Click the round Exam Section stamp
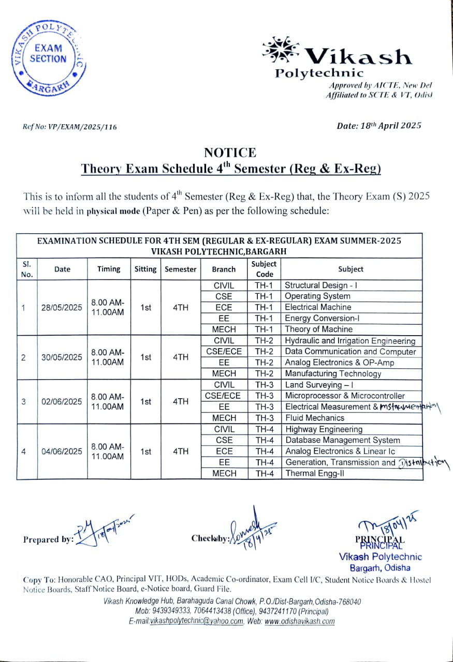[x=47, y=58]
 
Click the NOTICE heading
[x=230, y=153]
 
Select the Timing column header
[x=109, y=269]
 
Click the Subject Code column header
[x=264, y=269]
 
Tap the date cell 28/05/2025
[x=62, y=307]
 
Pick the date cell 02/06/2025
[x=62, y=401]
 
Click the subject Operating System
[x=317, y=296]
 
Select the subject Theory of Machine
[x=318, y=329]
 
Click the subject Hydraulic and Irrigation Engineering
[x=350, y=341]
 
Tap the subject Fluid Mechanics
[x=314, y=418]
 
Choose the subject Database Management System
[x=342, y=440]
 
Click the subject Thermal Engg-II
[x=314, y=473]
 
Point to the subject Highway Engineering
[x=324, y=429]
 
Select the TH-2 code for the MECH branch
[x=264, y=373]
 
